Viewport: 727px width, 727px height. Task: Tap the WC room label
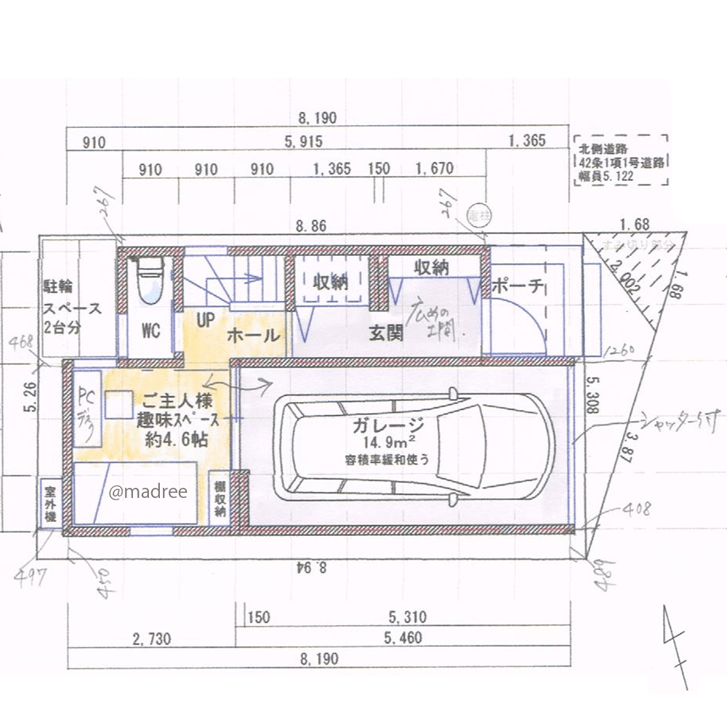click(x=150, y=331)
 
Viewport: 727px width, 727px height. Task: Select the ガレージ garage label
click(x=385, y=426)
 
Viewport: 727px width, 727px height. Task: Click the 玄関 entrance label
click(x=385, y=334)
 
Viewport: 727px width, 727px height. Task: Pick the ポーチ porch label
click(x=518, y=286)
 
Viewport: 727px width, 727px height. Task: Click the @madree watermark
click(x=148, y=492)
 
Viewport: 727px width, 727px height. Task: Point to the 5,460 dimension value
click(x=401, y=640)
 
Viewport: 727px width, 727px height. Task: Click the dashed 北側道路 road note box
click(x=620, y=161)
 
